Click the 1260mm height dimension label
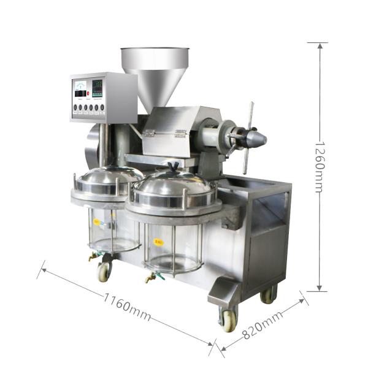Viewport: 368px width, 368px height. pos(318,167)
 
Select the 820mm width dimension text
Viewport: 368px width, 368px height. pos(263,325)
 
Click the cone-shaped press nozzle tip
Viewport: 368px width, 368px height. pos(258,138)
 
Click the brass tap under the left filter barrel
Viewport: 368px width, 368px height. pos(93,256)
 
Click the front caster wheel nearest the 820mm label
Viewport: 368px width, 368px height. pos(228,319)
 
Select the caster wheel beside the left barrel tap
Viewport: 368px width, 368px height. pos(104,271)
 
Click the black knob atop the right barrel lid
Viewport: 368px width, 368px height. pos(174,166)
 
